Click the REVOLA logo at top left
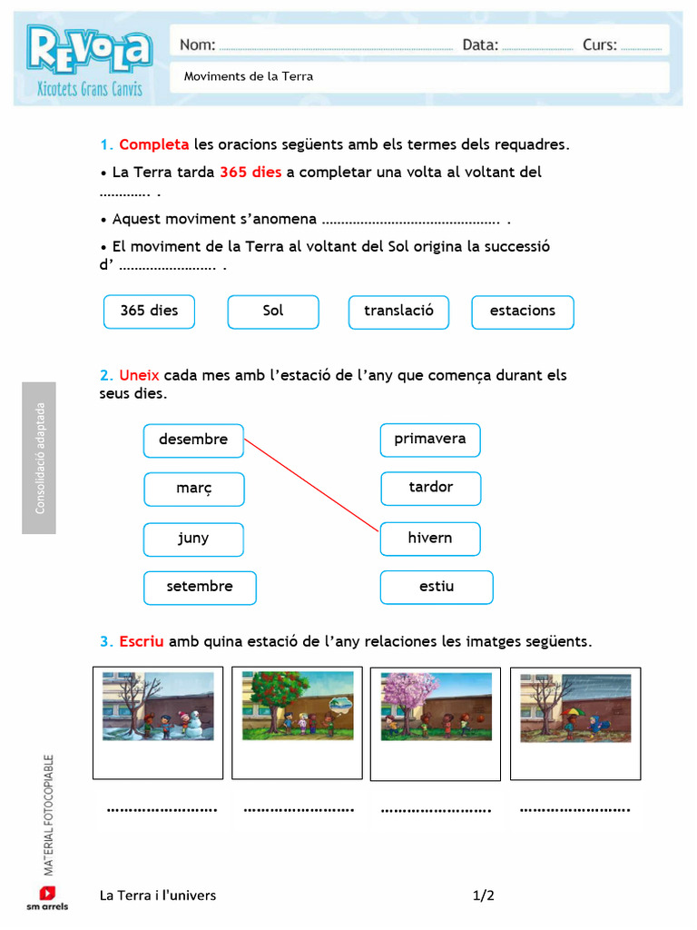coord(88,51)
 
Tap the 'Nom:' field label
coord(198,45)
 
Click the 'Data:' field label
coord(480,45)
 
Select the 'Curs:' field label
coord(600,45)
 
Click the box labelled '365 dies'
coord(150,311)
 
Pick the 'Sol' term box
coord(273,312)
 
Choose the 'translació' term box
coord(398,312)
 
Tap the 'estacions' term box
coord(523,312)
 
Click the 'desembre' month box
coord(193,440)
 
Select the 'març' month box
coord(193,490)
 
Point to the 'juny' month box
coord(193,539)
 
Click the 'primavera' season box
coord(430,440)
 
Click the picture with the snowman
coord(158,706)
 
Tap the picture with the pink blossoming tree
coord(437,706)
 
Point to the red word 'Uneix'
coord(139,375)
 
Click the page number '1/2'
coord(484,895)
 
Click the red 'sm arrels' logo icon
coord(47,893)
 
